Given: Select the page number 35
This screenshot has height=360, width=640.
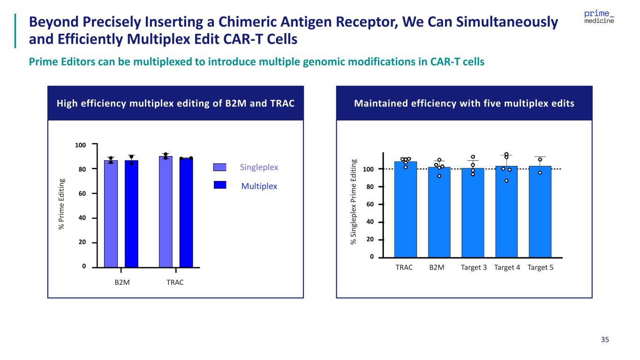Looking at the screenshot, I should (605, 340).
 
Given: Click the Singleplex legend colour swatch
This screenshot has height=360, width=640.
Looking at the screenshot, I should (220, 167).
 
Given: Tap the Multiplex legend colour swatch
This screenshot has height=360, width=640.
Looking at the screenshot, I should (220, 185).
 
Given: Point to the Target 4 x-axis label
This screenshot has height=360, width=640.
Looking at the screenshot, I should (507, 268).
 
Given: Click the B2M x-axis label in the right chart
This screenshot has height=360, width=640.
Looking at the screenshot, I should (437, 268).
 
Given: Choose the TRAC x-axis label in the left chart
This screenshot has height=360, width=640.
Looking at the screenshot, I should (175, 283).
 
